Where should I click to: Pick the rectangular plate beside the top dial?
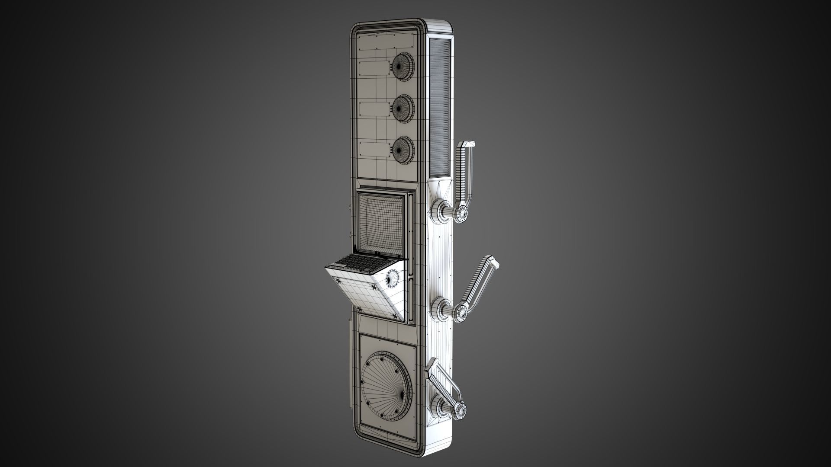pyautogui.click(x=375, y=68)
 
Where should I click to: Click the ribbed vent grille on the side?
pyautogui.click(x=441, y=104)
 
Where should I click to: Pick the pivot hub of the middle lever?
pyautogui.click(x=460, y=311)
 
